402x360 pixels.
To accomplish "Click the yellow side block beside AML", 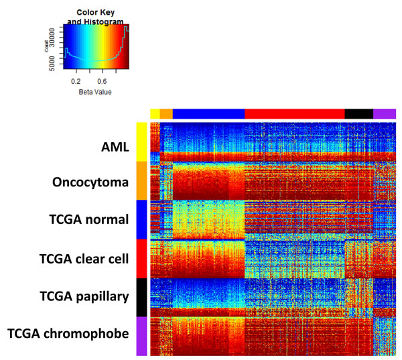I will pyautogui.click(x=141, y=141).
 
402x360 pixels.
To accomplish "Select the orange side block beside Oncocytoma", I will pyautogui.click(x=141, y=180).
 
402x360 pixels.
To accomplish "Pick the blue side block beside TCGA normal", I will pyautogui.click(x=141, y=219).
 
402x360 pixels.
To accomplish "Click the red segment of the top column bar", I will pyautogui.click(x=295, y=114).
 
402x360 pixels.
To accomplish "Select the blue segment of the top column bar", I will pyautogui.click(x=208, y=114).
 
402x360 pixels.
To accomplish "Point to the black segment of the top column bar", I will pyautogui.click(x=358, y=114).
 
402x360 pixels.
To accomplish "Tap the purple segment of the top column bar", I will pyautogui.click(x=385, y=114).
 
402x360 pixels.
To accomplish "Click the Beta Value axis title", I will pyautogui.click(x=94, y=91).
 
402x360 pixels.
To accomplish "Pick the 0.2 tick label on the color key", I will pyautogui.click(x=76, y=81).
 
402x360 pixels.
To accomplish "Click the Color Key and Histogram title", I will pyautogui.click(x=95, y=17).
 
